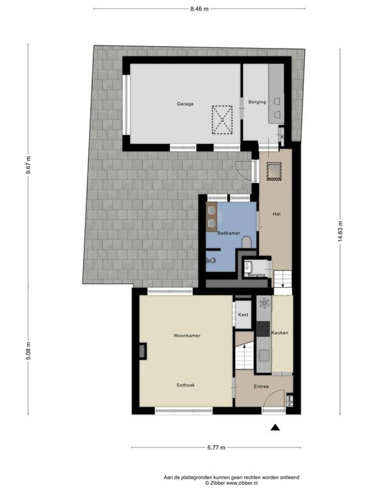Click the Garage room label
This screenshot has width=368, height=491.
pos(185,104)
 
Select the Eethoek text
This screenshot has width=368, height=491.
pos(186,385)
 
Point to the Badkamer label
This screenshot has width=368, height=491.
pos(228,233)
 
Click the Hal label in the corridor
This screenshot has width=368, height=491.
pos(276,214)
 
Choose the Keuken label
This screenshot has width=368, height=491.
pos(280,333)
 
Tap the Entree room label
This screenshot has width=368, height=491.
pos(261,386)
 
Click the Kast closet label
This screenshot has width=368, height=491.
pos(243,315)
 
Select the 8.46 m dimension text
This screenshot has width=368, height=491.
pos(199,9)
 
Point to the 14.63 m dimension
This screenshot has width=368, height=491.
pos(340,231)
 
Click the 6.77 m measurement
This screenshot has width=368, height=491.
pos(216,447)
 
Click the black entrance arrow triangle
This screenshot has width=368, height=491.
pos(275,427)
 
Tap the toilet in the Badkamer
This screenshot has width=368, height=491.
pos(247,242)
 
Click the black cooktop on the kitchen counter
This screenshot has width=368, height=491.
pos(263,329)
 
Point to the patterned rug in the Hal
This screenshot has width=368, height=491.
pos(274,171)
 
